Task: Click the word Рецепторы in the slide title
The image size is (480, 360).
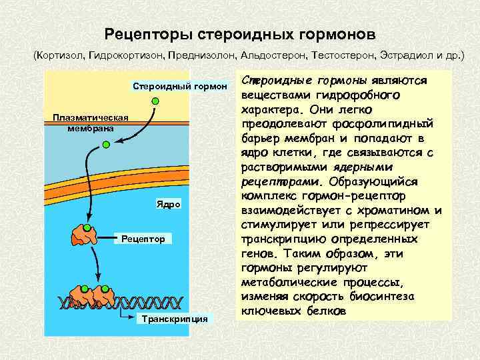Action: tap(139, 33)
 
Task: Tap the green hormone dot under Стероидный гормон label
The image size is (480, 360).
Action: tap(155, 101)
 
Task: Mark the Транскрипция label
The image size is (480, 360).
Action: tap(173, 319)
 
